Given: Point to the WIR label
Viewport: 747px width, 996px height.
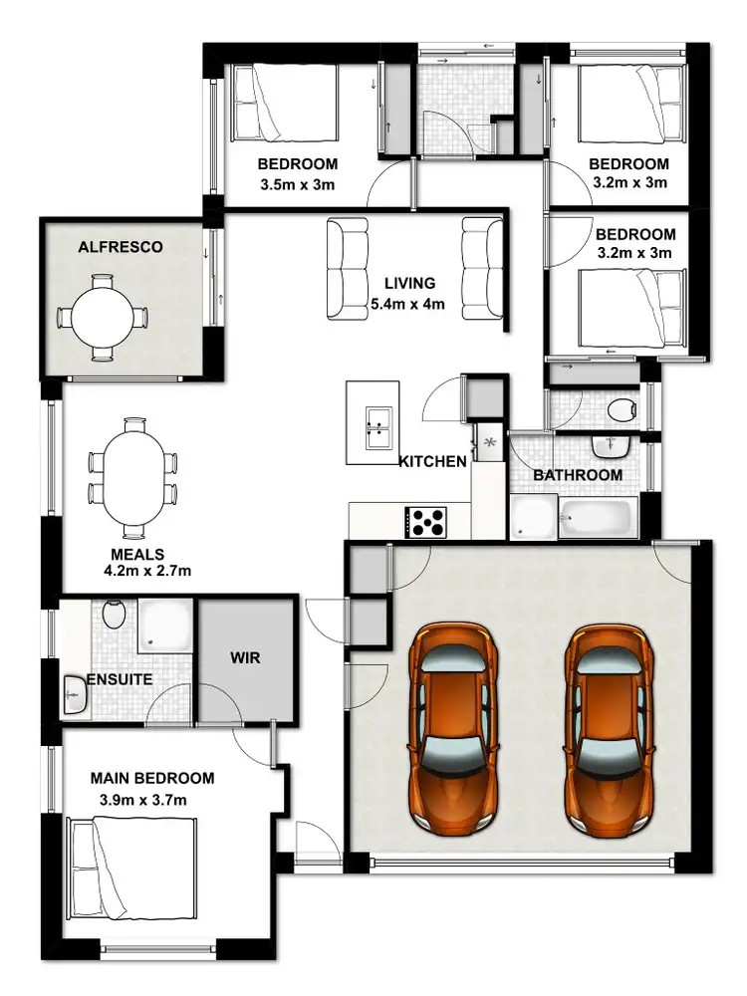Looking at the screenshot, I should [x=245, y=658].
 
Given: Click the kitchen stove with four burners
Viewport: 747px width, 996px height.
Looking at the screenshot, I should [x=426, y=522].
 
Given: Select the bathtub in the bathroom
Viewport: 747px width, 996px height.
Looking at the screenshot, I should [x=595, y=518].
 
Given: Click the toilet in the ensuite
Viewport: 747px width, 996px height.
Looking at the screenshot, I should [x=115, y=615].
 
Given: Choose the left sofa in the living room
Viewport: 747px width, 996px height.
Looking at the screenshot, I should [x=348, y=269].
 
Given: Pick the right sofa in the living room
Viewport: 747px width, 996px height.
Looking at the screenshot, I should [x=482, y=269].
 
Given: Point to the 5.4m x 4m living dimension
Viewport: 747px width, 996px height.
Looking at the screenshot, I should [x=406, y=304].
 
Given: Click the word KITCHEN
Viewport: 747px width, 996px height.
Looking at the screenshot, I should [x=432, y=461].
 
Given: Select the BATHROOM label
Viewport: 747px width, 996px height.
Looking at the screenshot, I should [x=578, y=475].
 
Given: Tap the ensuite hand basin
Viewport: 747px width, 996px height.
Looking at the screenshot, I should [x=75, y=695].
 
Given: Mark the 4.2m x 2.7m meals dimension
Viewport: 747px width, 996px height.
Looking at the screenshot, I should [x=146, y=572].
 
